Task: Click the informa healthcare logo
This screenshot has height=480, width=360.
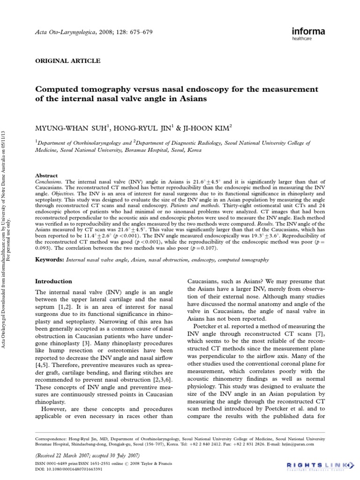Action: tap(306, 33)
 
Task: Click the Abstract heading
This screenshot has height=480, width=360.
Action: tap(47, 175)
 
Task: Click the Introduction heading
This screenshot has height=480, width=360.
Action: tap(54, 281)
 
